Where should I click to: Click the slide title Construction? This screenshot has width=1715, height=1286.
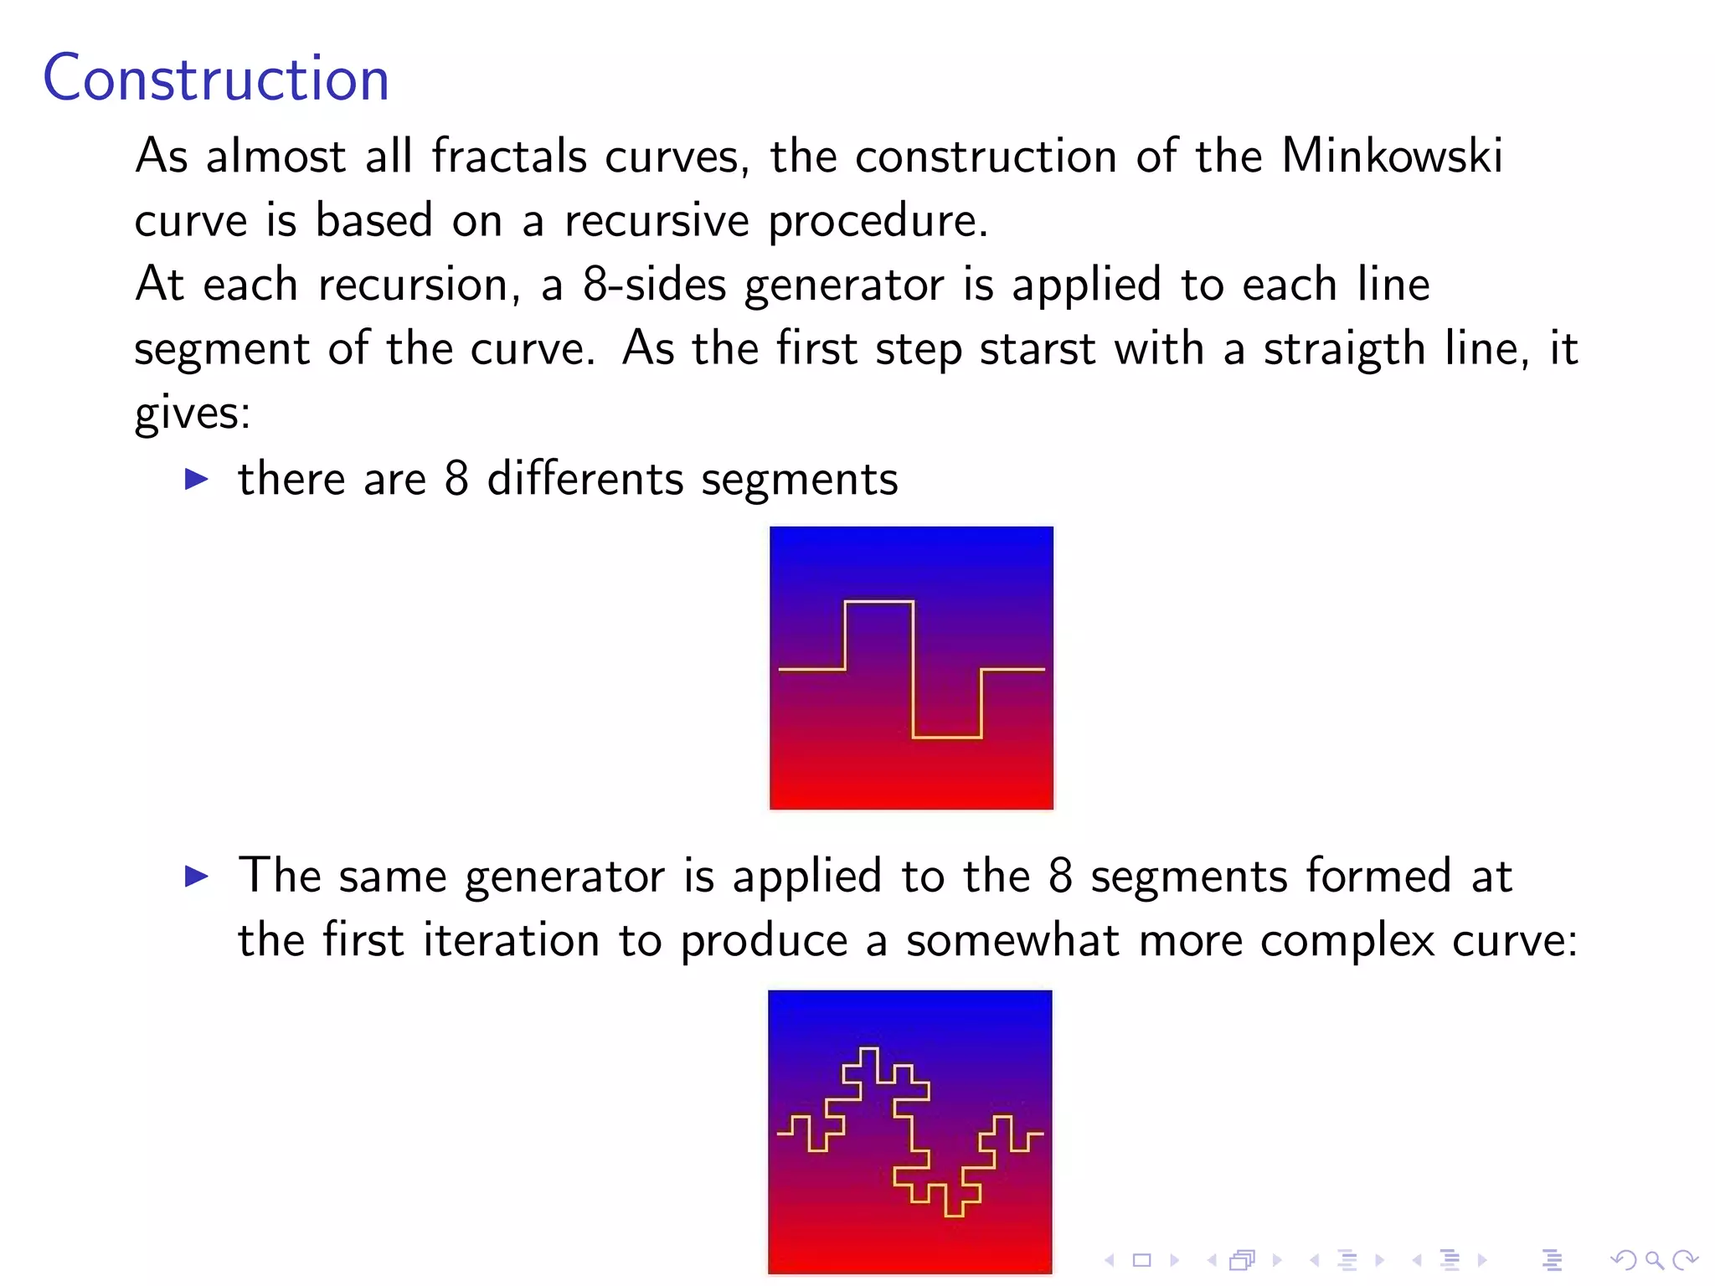pyautogui.click(x=216, y=78)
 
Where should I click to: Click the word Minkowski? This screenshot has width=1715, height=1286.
pyautogui.click(x=1392, y=156)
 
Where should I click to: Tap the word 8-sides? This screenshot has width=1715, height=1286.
pyautogui.click(x=654, y=285)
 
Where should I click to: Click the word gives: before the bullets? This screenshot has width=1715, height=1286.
pyautogui.click(x=193, y=413)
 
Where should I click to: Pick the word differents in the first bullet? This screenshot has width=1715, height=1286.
pyautogui.click(x=585, y=479)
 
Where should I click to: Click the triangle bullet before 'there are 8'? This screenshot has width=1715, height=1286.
pyautogui.click(x=196, y=479)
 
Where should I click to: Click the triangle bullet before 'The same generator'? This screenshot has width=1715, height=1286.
pyautogui.click(x=196, y=877)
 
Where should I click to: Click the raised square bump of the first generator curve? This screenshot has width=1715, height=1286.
pyautogui.click(x=878, y=602)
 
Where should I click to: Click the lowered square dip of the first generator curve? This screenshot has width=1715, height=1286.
pyautogui.click(x=946, y=737)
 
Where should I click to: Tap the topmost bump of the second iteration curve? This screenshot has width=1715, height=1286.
pyautogui.click(x=868, y=1049)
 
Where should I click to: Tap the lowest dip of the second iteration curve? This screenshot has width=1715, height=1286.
pyautogui.click(x=953, y=1214)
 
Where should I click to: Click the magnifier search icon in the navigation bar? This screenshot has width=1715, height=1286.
pyautogui.click(x=1654, y=1260)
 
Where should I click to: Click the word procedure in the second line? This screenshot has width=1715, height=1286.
pyautogui.click(x=878, y=220)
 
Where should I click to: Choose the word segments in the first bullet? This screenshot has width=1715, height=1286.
pyautogui.click(x=799, y=479)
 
